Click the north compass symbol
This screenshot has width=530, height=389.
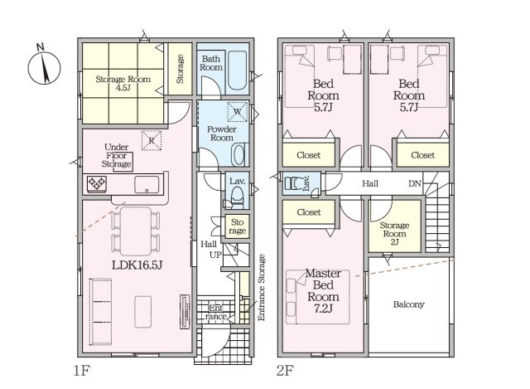coord(44,66)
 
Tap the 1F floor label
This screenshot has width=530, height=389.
coord(81,371)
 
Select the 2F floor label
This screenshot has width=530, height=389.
coord(285,371)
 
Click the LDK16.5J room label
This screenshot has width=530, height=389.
coord(137,265)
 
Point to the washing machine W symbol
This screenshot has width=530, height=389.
coord(238,111)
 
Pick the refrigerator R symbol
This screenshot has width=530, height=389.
coord(152,140)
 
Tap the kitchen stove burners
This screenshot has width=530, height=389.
coord(97,184)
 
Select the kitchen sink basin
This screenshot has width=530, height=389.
coord(147,185)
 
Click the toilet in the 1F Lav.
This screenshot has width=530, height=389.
coord(237,198)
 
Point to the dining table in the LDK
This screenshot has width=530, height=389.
coord(136,231)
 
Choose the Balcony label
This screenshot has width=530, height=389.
coord(408,304)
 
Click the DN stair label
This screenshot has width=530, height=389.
coord(415,183)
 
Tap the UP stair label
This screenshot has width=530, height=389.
coord(215,255)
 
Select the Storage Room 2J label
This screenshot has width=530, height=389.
coord(394,234)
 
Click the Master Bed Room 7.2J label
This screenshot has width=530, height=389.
coord(323,291)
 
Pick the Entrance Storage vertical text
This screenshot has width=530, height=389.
coord(262,288)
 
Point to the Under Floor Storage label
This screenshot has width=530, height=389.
coord(117,156)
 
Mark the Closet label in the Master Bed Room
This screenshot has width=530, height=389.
coord(309,212)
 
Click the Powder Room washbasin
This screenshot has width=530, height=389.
coord(239,155)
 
